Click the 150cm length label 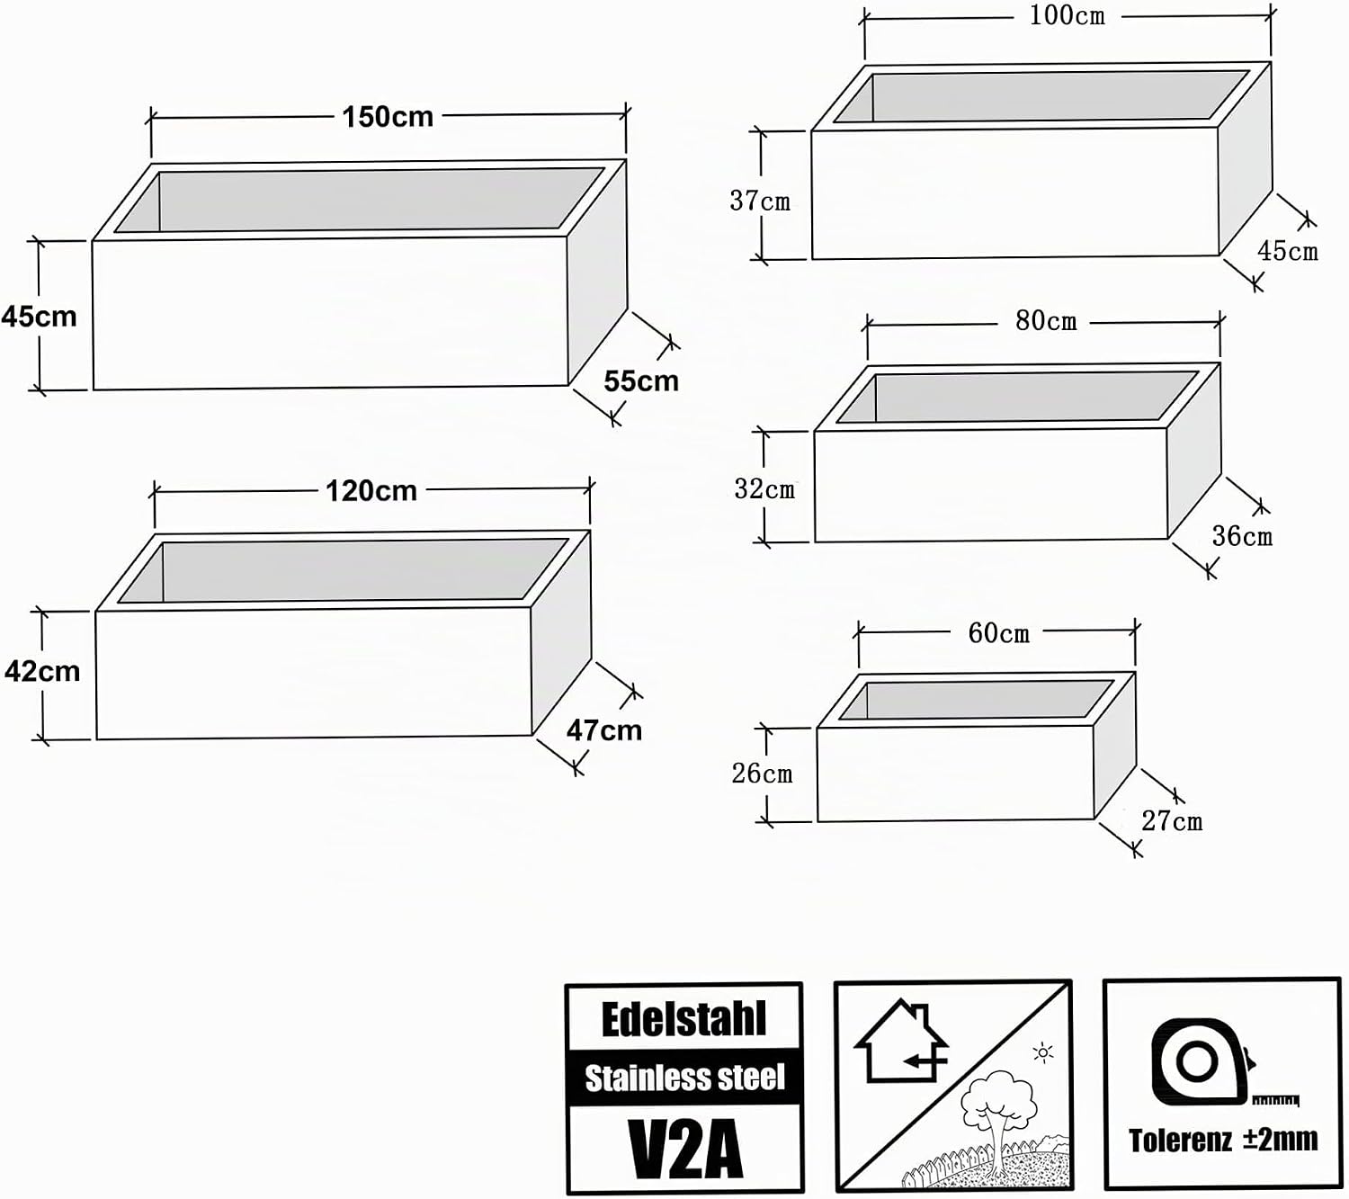coord(388,117)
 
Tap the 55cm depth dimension coord(641,381)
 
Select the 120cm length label coord(371,492)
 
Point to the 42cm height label coord(42,671)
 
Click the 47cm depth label coord(604,730)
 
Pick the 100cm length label coord(1068,16)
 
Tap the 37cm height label coord(760,201)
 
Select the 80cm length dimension coord(1046,321)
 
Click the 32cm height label coord(764,489)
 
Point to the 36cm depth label coord(1242,536)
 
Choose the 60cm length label coord(999,633)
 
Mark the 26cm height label coord(762,774)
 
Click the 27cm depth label coord(1172,820)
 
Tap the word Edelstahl coord(683,1020)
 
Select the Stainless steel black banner coord(684,1078)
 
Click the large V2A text coord(685,1149)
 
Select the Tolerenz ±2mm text coord(1223,1140)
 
